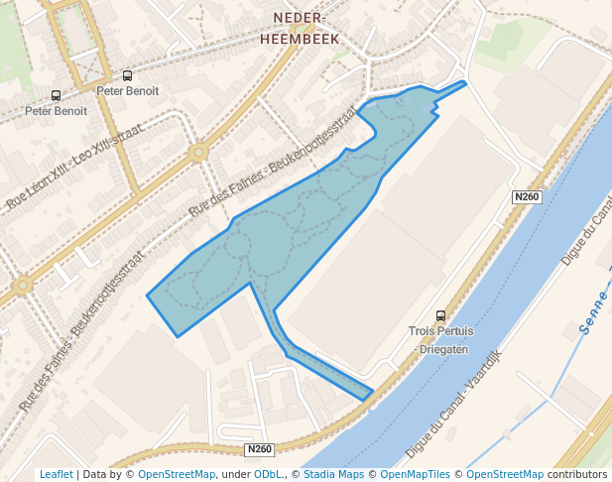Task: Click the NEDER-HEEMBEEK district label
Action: tap(300, 29)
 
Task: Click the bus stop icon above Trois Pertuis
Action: tap(441, 315)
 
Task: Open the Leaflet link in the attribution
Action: tap(56, 475)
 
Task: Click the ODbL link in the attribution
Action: tap(268, 475)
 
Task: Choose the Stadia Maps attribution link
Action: tap(332, 475)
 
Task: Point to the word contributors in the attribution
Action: tap(577, 475)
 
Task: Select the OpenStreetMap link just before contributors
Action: tap(505, 475)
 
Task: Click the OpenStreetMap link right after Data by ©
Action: tap(177, 475)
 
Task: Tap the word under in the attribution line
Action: tap(235, 475)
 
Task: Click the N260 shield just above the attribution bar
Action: tap(260, 449)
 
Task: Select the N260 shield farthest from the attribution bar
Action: tap(527, 197)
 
